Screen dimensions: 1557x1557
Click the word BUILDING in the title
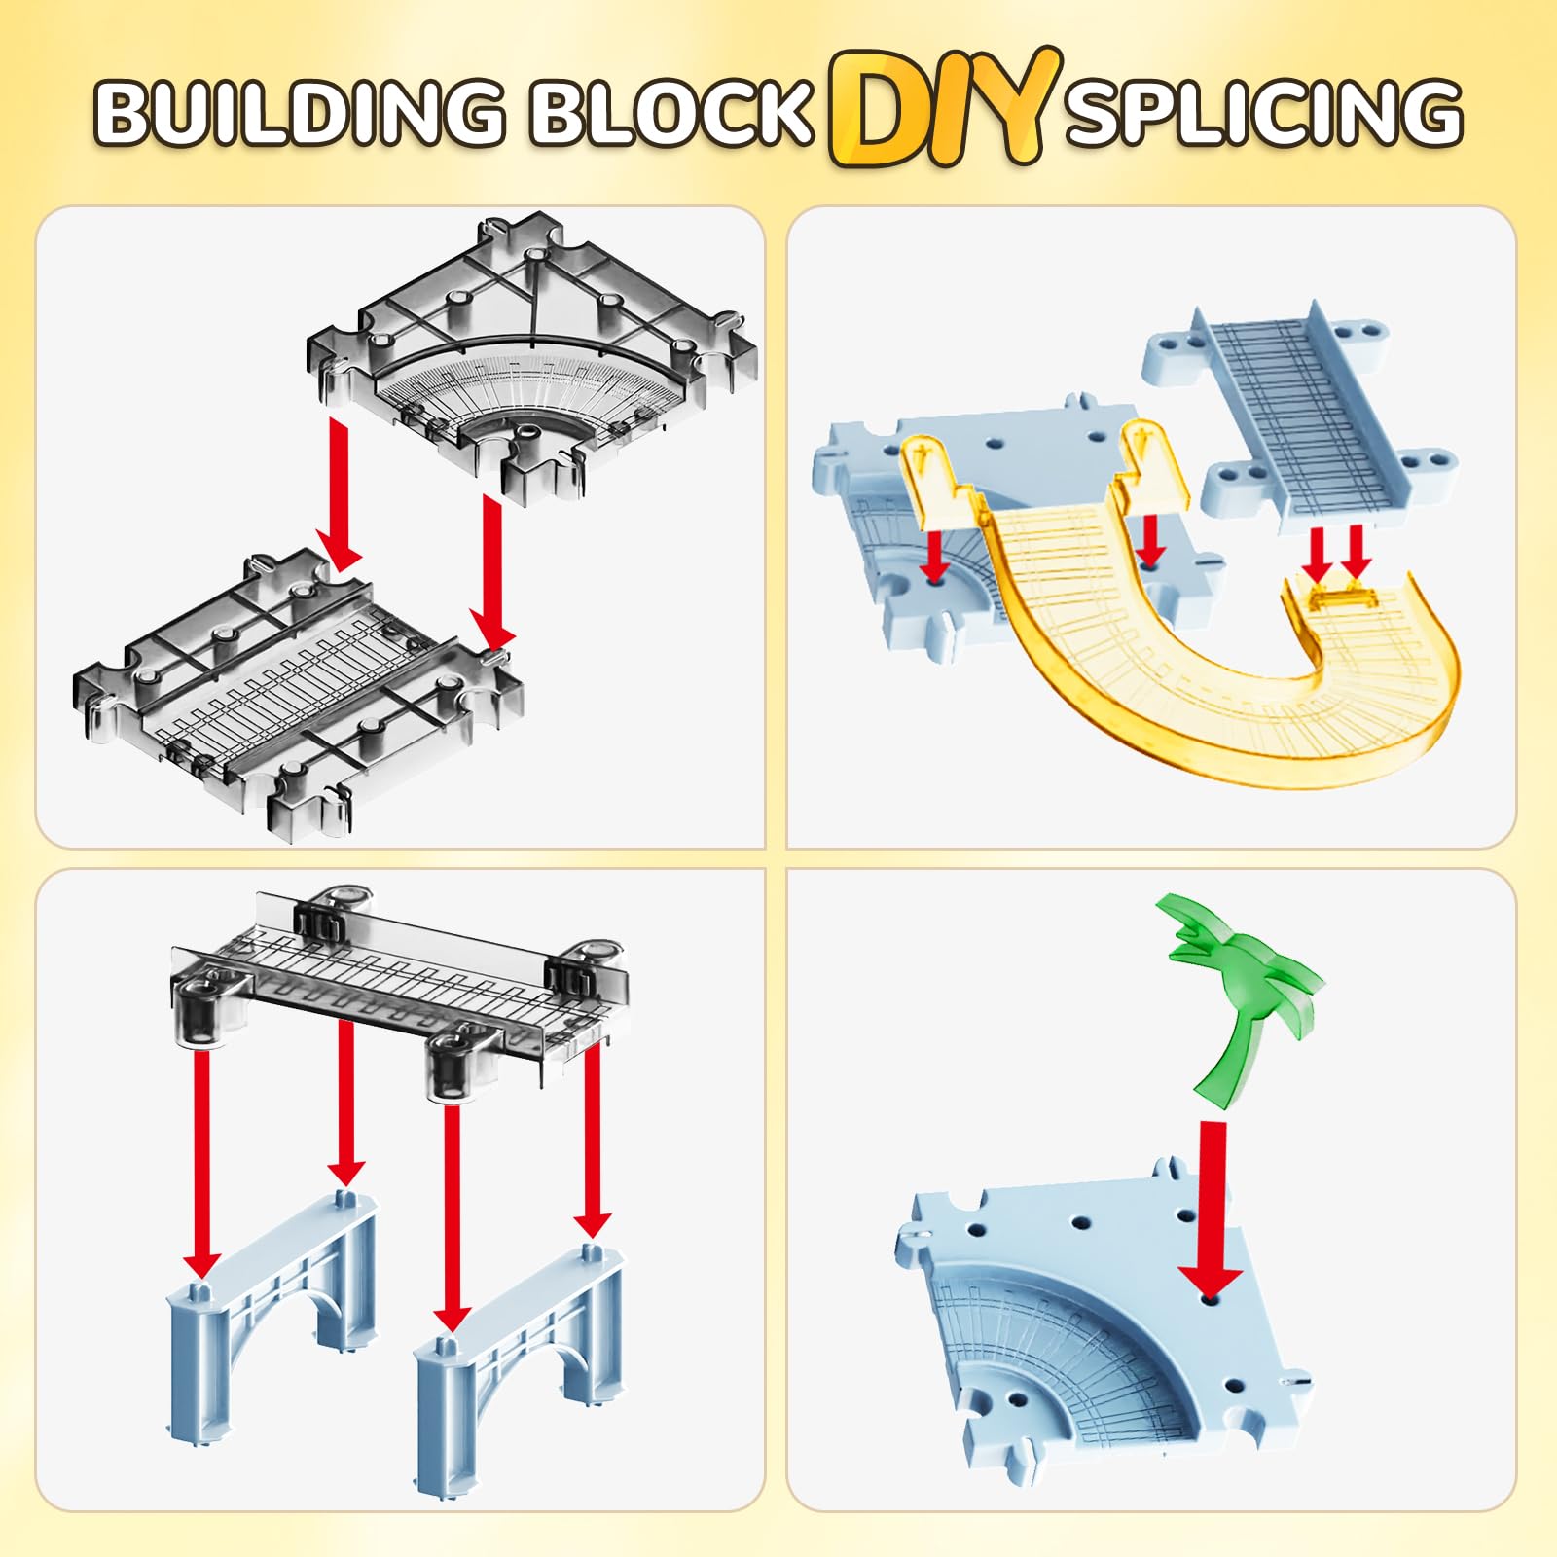pos(299,111)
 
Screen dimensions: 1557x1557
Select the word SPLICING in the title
pos(1263,111)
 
